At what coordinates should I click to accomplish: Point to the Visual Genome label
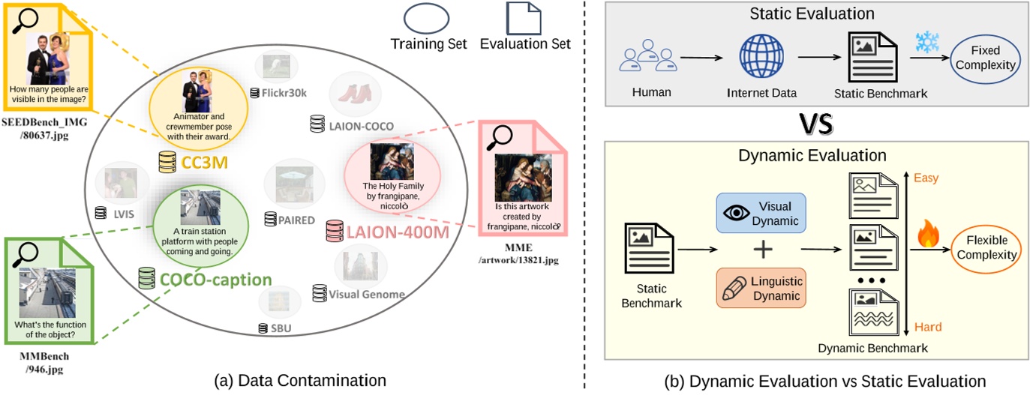[367, 295]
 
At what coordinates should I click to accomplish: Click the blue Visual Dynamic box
[761, 214]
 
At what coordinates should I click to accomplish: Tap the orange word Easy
[926, 178]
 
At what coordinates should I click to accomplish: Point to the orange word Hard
[927, 327]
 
